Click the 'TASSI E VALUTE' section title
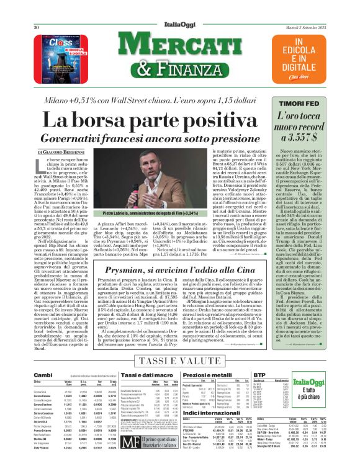coord(179,361)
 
